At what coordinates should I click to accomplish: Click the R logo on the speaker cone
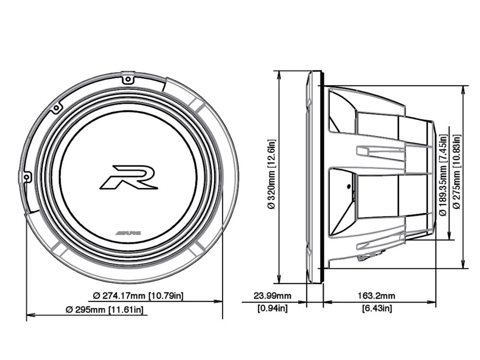pos(128,177)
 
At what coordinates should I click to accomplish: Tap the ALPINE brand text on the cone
pos(129,232)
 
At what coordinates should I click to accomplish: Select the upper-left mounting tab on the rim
pos(56,108)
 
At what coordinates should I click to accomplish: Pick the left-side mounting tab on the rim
pos(27,177)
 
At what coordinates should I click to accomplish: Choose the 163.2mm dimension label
pos(379,295)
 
